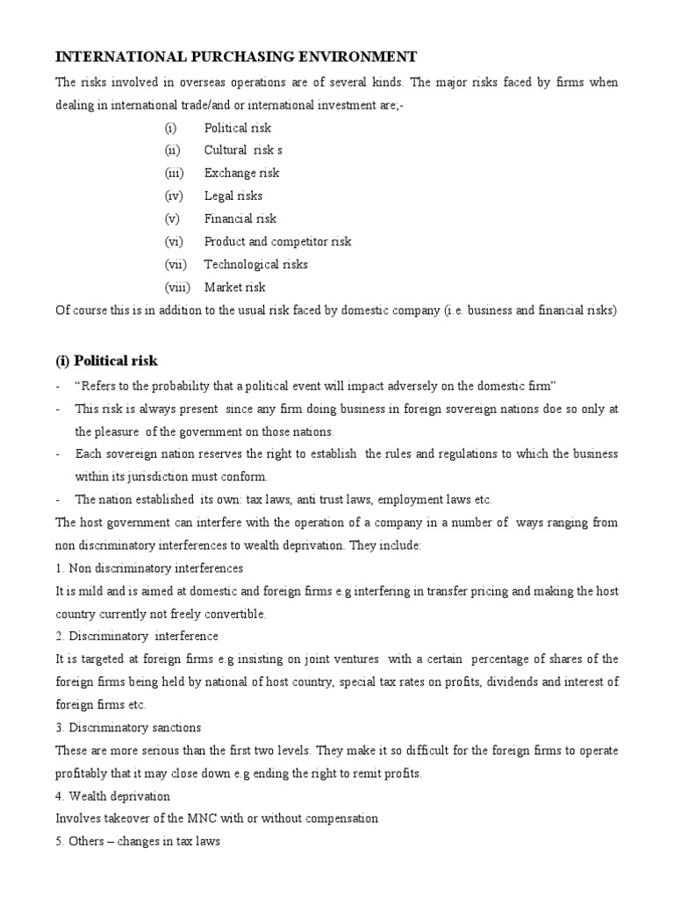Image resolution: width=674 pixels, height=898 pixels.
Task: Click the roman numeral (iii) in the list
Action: [x=174, y=173]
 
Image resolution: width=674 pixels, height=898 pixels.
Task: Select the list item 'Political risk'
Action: [x=238, y=127]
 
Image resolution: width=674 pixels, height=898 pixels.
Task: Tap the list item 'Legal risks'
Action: [x=233, y=196]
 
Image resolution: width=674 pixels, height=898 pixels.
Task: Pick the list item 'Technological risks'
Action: [x=256, y=264]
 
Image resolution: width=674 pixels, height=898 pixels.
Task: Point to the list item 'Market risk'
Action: [x=234, y=287]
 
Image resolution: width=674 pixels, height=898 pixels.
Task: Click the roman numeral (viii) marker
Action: [x=177, y=287]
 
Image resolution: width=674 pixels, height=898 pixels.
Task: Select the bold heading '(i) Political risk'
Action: [x=107, y=360]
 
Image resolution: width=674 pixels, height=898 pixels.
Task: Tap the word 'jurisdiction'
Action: [x=162, y=476]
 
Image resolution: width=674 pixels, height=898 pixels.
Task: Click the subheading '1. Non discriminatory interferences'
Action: [x=149, y=567]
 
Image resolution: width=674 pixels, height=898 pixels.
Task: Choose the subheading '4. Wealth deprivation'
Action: [x=112, y=795]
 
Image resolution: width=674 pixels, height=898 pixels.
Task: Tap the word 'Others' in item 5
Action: [x=85, y=841]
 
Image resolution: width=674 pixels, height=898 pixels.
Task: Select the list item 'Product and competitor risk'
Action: [x=277, y=241]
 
